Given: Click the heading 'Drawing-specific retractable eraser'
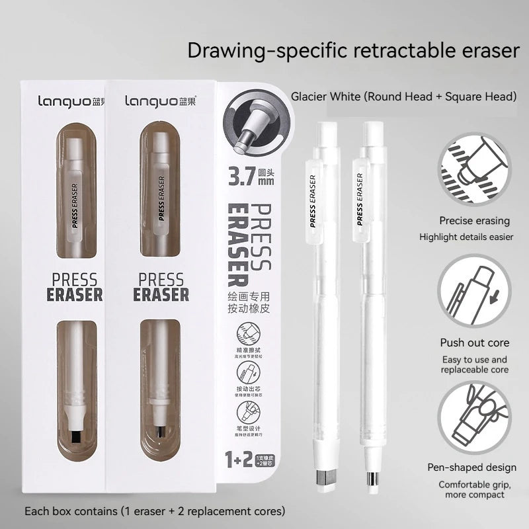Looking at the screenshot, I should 354,51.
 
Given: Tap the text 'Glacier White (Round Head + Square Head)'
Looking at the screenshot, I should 403,97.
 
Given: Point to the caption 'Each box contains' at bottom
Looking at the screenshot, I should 155,511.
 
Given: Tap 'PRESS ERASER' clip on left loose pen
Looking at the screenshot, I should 313,199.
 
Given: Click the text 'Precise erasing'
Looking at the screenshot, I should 473,221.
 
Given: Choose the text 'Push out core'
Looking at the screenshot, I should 474,343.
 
